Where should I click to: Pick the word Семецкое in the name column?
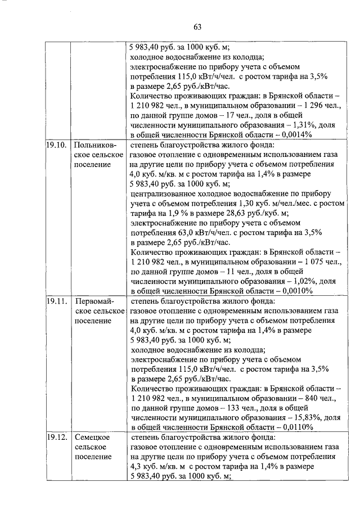(92, 437)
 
